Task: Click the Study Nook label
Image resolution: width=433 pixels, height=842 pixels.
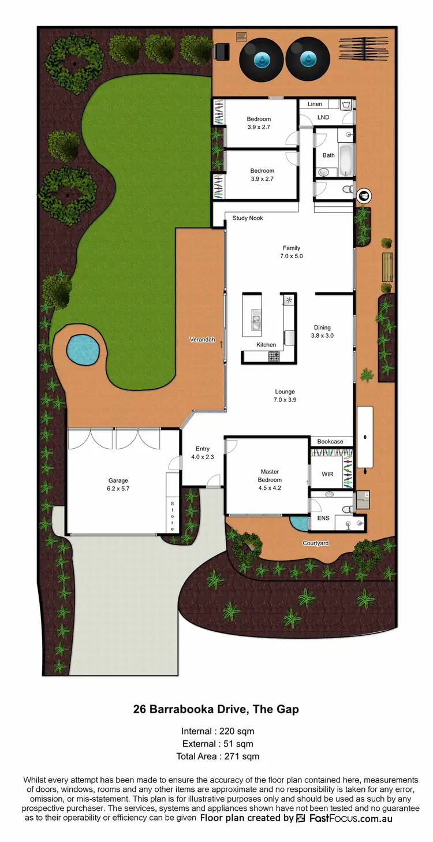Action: click(248, 218)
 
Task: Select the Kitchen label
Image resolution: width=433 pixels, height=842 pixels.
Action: click(266, 345)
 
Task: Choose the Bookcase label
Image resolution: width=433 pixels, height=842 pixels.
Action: click(330, 442)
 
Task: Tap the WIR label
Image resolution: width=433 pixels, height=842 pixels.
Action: click(327, 474)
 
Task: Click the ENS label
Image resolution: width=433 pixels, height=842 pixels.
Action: click(323, 518)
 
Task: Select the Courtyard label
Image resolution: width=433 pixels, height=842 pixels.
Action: click(316, 543)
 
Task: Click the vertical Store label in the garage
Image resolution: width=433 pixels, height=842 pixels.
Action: click(171, 516)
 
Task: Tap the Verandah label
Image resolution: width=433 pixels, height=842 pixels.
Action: click(202, 340)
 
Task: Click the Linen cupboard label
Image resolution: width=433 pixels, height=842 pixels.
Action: click(315, 104)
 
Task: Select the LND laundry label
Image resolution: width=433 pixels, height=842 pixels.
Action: click(323, 117)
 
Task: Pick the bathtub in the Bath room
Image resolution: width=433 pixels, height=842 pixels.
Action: click(345, 161)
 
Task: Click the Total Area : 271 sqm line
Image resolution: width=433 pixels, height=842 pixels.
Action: click(217, 756)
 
